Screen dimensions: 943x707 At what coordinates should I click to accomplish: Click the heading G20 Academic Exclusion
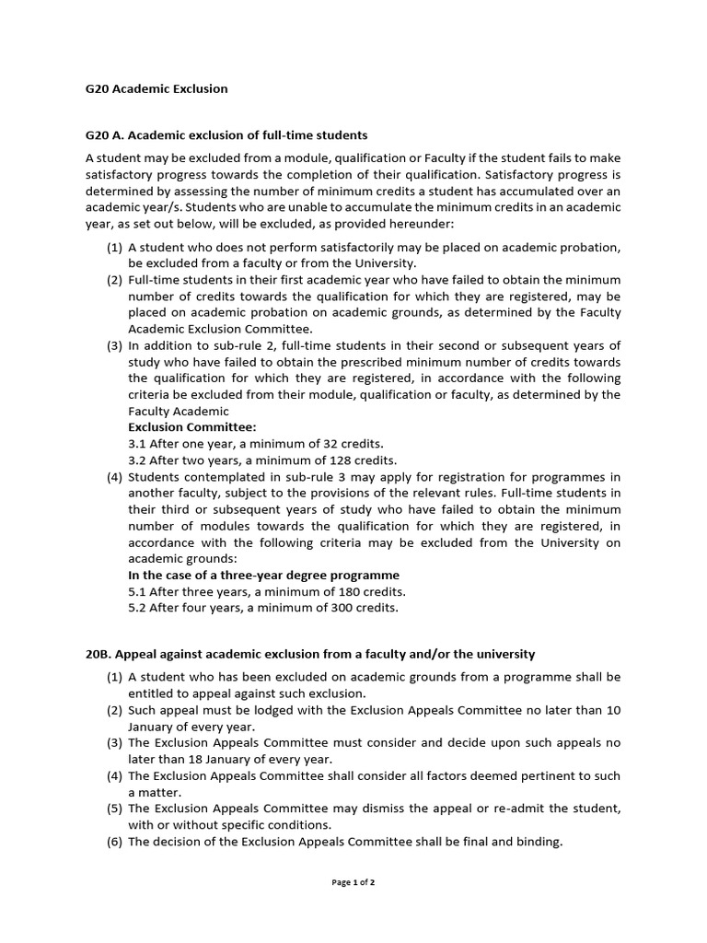pos(156,89)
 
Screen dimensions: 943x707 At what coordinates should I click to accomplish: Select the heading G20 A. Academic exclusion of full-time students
pos(226,135)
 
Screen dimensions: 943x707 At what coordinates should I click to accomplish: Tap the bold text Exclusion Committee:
pos(192,427)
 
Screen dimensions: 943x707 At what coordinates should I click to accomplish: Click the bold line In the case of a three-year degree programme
pos(263,575)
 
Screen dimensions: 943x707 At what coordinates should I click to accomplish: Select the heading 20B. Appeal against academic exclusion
pos(310,654)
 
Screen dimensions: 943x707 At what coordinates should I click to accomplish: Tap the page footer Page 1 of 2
pos(353,882)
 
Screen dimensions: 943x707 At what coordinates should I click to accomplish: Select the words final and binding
pos(516,842)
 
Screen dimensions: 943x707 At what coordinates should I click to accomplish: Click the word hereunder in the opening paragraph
pos(423,224)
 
